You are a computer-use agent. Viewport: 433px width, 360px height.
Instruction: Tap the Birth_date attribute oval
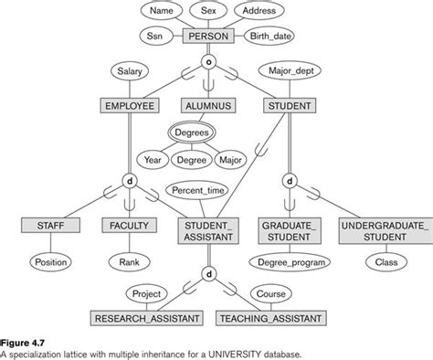pos(271,37)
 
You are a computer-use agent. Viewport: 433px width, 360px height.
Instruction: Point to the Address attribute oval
pos(259,12)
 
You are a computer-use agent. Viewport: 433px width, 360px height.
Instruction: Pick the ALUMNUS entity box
pos(208,107)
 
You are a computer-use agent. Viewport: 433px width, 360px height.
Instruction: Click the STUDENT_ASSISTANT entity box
pos(208,229)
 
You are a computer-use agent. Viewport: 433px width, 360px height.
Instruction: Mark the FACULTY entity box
pos(129,225)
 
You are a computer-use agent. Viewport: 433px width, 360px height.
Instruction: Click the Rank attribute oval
pos(129,262)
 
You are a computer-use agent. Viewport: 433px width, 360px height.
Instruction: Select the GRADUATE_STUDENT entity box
pos(289,229)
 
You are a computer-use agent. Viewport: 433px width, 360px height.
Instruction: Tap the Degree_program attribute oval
pos(289,263)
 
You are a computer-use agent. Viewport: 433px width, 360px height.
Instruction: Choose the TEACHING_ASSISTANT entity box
pos(270,319)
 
